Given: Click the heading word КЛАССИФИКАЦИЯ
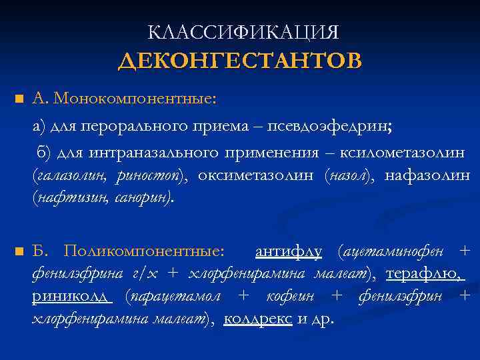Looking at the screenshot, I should click(x=243, y=33).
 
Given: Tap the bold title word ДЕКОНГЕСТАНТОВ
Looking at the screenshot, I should click(x=240, y=61).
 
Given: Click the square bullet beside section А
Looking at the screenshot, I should click(x=19, y=100).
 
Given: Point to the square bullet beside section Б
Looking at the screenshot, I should click(x=19, y=252).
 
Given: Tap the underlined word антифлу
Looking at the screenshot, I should click(x=289, y=251).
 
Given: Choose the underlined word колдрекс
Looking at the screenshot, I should click(x=257, y=319).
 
